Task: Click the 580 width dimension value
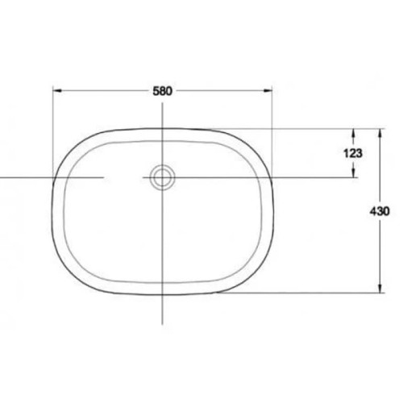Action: pos(164,89)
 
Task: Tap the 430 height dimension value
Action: pos(381,210)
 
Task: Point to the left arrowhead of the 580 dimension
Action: pos(56,90)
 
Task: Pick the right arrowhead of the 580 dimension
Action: pos(270,90)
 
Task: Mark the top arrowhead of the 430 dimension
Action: pos(380,130)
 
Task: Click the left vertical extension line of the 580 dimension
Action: pos(53,129)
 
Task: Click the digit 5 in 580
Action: pos(156,89)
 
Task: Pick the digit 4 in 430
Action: pos(375,210)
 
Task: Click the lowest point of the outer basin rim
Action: pos(163,293)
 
